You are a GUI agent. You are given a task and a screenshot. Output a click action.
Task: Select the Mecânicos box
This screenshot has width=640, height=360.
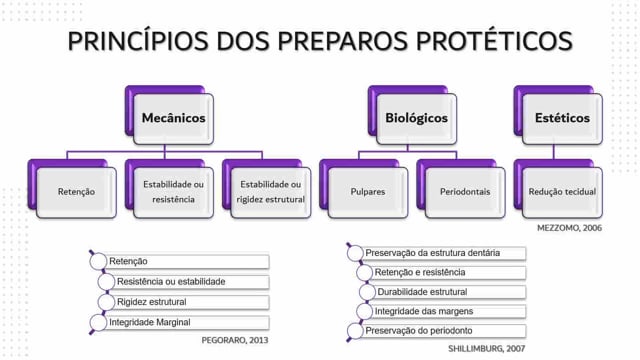[x=173, y=119]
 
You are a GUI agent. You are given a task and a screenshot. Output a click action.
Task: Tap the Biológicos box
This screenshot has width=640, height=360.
[x=416, y=119]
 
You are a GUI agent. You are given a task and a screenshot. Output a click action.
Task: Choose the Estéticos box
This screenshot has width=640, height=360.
[x=562, y=119]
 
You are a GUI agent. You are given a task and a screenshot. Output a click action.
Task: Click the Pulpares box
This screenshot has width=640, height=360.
[x=368, y=192]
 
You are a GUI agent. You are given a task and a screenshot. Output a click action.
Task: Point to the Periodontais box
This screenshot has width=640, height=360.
[x=465, y=192]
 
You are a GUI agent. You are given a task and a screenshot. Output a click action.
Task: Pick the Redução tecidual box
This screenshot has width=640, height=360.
[x=562, y=192]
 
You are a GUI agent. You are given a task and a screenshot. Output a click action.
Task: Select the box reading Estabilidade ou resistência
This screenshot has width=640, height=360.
[x=173, y=192]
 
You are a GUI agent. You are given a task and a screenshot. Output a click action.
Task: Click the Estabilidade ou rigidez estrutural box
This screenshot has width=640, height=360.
[x=271, y=192]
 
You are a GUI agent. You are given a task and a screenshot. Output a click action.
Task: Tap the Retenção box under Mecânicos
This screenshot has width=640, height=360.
[x=76, y=192]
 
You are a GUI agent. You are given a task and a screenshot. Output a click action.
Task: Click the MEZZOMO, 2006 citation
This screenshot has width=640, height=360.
[x=569, y=228]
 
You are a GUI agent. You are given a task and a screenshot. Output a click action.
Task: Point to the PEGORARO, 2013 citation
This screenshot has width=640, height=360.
[x=235, y=340]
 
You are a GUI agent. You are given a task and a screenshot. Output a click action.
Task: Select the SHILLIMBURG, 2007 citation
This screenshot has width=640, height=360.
[x=487, y=349]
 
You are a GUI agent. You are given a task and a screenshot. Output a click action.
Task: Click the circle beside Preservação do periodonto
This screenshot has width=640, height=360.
[x=355, y=331]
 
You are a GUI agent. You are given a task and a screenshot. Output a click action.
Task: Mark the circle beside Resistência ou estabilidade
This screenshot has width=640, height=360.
[x=106, y=282]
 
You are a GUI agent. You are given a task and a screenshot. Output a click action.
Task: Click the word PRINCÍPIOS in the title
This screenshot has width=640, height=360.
[x=138, y=41]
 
